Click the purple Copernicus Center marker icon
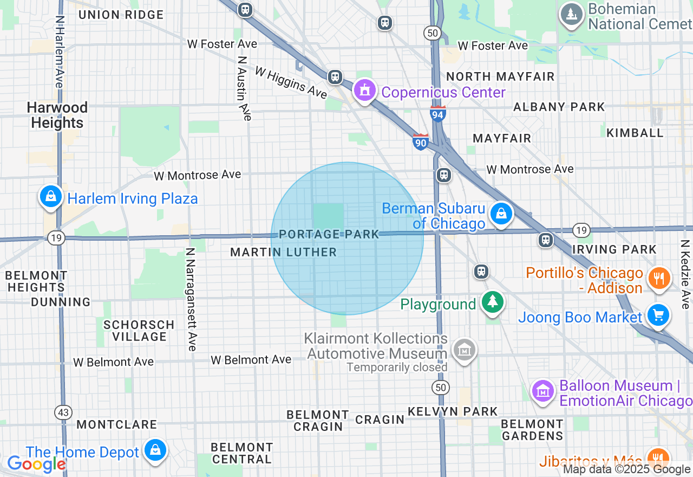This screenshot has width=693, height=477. pyautogui.click(x=365, y=91)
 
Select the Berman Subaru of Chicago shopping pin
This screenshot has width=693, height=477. pyautogui.click(x=501, y=214)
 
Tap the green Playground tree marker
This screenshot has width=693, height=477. pyautogui.click(x=492, y=302)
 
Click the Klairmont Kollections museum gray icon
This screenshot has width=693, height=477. pyautogui.click(x=465, y=351)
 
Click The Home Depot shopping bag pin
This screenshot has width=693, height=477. pyautogui.click(x=155, y=451)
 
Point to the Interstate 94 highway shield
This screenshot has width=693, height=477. pyautogui.click(x=438, y=114)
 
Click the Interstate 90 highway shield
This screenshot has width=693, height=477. pyautogui.click(x=420, y=141)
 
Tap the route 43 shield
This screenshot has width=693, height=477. pyautogui.click(x=63, y=412)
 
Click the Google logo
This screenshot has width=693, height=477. pyautogui.click(x=36, y=463)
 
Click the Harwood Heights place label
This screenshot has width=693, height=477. pyautogui.click(x=57, y=115)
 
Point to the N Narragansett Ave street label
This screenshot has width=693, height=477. pyautogui.click(x=191, y=299)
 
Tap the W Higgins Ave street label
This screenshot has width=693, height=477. pyautogui.click(x=291, y=82)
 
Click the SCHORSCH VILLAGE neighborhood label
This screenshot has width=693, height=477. pyautogui.click(x=139, y=331)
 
